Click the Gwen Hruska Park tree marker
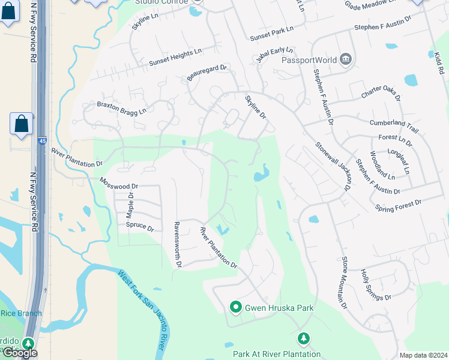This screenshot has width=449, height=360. coord(236,308)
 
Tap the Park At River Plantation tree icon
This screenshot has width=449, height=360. coord(304,340)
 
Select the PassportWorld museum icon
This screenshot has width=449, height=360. coord(345,59)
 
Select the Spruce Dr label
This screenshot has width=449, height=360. coord(140,228)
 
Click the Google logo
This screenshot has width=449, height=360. coord(20,353)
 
